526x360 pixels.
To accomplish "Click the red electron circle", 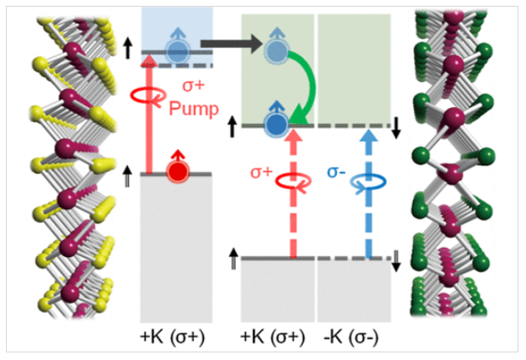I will click(177, 172).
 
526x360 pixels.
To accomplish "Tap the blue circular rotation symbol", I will click(368, 180).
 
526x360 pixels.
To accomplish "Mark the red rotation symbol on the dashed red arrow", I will click(293, 181).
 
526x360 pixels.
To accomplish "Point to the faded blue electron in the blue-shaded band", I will click(176, 51).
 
